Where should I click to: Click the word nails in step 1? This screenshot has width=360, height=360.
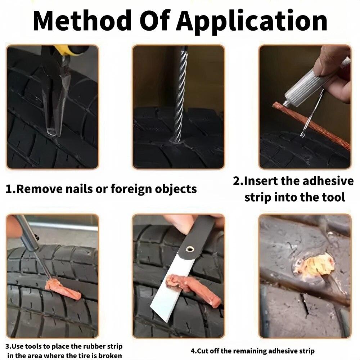click(92, 189)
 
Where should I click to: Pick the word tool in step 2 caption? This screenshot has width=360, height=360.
click(332, 197)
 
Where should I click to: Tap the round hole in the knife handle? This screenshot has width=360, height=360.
click(189, 249)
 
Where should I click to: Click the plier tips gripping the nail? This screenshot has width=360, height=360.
click(51, 131)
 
